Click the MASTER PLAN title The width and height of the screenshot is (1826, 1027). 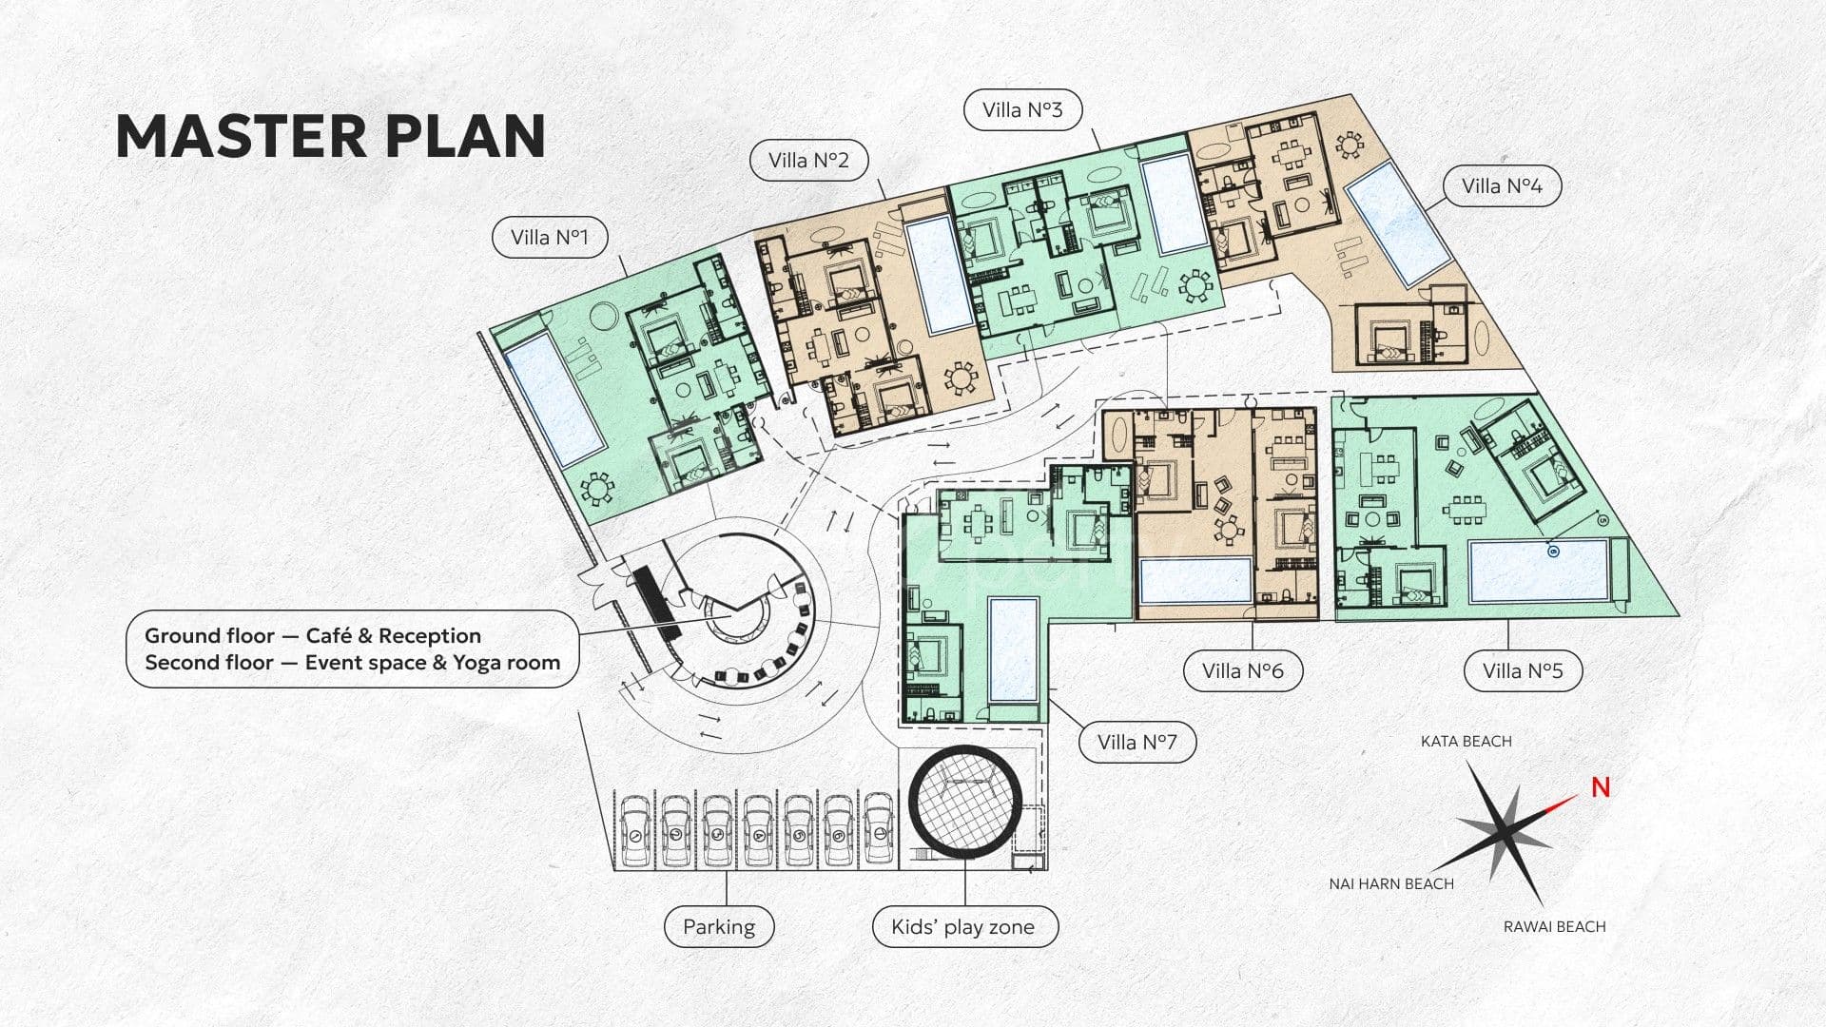point(330,136)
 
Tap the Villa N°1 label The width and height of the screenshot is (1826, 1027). point(550,237)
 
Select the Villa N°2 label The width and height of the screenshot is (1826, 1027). point(808,160)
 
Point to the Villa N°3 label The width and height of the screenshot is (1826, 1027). point(1022,109)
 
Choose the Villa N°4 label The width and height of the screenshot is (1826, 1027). point(1502,185)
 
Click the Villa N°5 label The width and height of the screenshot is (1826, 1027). point(1523,670)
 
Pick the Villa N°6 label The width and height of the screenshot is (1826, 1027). point(1242,670)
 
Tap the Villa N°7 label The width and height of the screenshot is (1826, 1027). point(1137,742)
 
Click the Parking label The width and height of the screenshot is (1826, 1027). point(719,926)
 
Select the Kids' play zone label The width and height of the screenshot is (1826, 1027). point(965,926)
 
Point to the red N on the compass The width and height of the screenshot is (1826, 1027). point(1601,787)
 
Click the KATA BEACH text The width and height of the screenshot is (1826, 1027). point(1466,741)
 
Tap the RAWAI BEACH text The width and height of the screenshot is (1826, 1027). point(1554,926)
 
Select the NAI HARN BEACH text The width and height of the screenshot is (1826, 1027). point(1391,883)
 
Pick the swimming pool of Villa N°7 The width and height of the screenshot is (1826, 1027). point(1013,650)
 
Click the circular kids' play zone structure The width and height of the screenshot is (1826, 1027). point(964,802)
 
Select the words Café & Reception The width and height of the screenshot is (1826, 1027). point(394,635)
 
